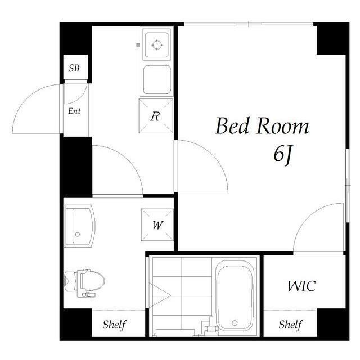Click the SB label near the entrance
click(x=74, y=68)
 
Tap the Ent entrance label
click(x=74, y=111)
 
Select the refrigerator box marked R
click(x=156, y=116)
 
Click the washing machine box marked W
click(x=157, y=225)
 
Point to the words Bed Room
click(x=263, y=126)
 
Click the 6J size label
click(x=282, y=155)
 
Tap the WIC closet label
click(x=301, y=286)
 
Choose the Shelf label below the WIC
click(x=290, y=325)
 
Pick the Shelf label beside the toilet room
click(x=114, y=325)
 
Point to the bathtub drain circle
click(x=235, y=323)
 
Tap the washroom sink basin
click(x=79, y=226)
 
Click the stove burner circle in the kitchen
click(x=156, y=44)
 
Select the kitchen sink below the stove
click(x=157, y=79)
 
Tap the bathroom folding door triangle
click(x=160, y=295)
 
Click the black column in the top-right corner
click(x=333, y=38)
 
